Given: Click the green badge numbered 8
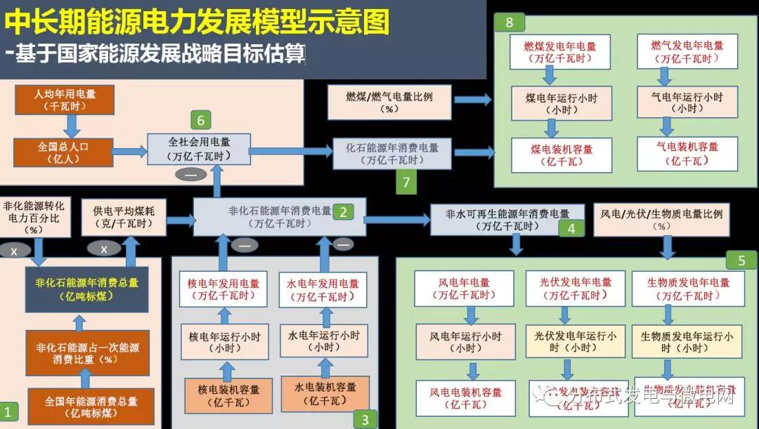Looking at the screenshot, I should pyautogui.click(x=509, y=22).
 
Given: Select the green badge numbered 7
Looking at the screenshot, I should pyautogui.click(x=406, y=183).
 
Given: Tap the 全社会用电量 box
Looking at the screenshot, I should pyautogui.click(x=199, y=148).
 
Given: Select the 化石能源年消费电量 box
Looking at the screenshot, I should pyautogui.click(x=391, y=154).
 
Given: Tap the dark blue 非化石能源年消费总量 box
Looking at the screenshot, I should pyautogui.click(x=86, y=289).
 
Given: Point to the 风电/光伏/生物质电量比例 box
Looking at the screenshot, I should pyautogui.click(x=661, y=218).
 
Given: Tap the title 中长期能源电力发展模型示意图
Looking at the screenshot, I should pyautogui.click(x=197, y=22).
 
